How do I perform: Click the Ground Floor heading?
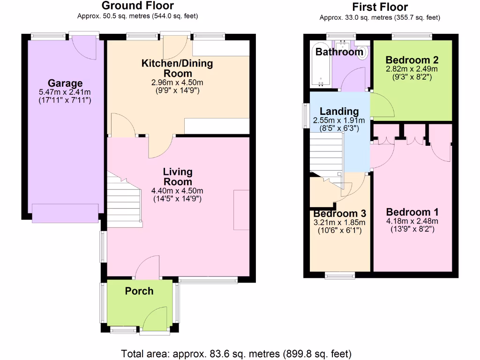(137, 6)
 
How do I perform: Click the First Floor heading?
(380, 7)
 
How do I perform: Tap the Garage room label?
(65, 84)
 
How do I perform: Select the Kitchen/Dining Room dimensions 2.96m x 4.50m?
(178, 83)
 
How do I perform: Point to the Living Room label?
(178, 177)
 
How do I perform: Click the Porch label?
(139, 291)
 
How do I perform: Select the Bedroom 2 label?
(412, 60)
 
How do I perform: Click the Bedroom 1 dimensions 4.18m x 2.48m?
(412, 221)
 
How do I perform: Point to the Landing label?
(339, 112)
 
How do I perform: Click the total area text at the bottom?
(236, 353)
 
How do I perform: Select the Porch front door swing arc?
(155, 317)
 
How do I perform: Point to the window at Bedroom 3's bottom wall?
(339, 276)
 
